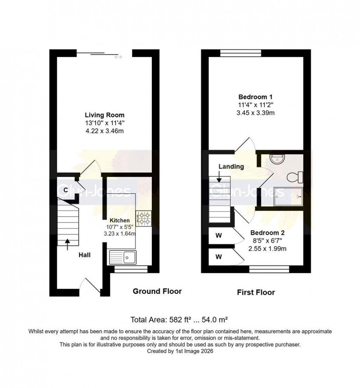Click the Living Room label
(104, 115)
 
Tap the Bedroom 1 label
(256, 97)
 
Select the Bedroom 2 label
(268, 233)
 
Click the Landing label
(231, 166)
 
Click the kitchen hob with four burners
(143, 218)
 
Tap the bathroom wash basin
(277, 159)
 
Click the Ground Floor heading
(157, 291)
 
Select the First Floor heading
(256, 292)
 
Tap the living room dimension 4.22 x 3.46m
(104, 131)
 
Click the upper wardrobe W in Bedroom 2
(218, 236)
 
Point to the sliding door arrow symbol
(118, 57)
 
